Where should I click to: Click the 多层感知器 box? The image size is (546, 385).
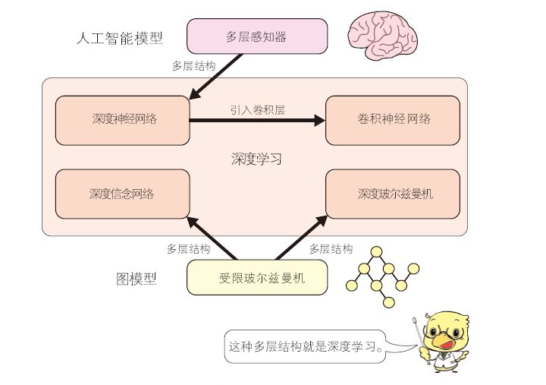(257, 36)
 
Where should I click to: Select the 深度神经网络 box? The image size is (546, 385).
(122, 119)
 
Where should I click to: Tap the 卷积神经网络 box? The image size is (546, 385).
(394, 119)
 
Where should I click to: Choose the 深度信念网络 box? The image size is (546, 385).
(122, 194)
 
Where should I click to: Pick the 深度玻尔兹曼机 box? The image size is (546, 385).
(394, 194)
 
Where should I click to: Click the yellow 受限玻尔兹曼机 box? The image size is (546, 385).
(257, 277)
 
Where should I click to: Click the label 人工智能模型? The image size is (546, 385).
(121, 37)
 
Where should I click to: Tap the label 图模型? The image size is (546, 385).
(136, 279)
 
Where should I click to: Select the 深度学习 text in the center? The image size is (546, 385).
(256, 159)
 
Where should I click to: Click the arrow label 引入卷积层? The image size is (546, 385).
(258, 109)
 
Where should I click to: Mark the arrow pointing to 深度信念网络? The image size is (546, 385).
(210, 238)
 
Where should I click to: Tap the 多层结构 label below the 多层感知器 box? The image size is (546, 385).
(194, 66)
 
